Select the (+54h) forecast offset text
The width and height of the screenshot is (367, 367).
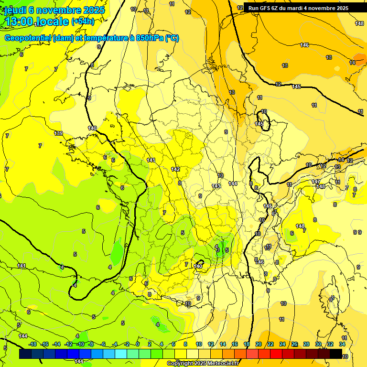[x=83, y=22]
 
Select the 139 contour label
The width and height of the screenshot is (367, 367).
[x=59, y=133]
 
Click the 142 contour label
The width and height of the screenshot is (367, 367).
[x=175, y=169]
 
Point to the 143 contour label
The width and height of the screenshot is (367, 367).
[x=216, y=186]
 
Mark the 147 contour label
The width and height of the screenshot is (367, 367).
[x=316, y=182]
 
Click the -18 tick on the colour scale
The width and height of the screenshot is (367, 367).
[x=32, y=344]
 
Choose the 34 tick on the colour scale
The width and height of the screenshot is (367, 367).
[x=342, y=344]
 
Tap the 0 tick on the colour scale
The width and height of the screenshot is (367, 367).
[x=138, y=344]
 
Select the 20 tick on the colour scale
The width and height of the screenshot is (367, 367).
[x=258, y=344]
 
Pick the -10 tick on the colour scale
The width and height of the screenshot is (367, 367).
[x=80, y=344]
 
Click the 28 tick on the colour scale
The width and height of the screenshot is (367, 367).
[x=306, y=344]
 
